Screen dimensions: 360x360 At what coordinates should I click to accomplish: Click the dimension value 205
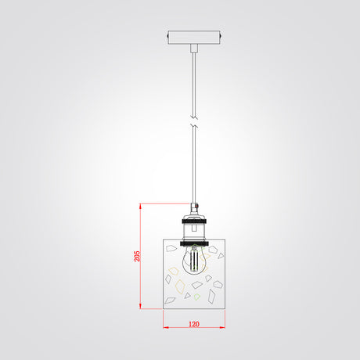[137, 256]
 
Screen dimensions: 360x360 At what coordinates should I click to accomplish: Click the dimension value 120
[194, 324]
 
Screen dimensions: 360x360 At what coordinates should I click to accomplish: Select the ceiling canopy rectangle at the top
[194, 38]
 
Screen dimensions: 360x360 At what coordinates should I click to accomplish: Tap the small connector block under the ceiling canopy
[194, 48]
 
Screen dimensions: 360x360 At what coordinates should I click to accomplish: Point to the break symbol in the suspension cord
[194, 121]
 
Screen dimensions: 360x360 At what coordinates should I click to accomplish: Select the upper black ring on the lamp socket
[194, 221]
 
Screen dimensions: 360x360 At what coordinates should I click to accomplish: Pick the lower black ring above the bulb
[194, 243]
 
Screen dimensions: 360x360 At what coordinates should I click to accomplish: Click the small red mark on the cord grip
[196, 207]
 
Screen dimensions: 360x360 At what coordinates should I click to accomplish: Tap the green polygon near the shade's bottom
[197, 297]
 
